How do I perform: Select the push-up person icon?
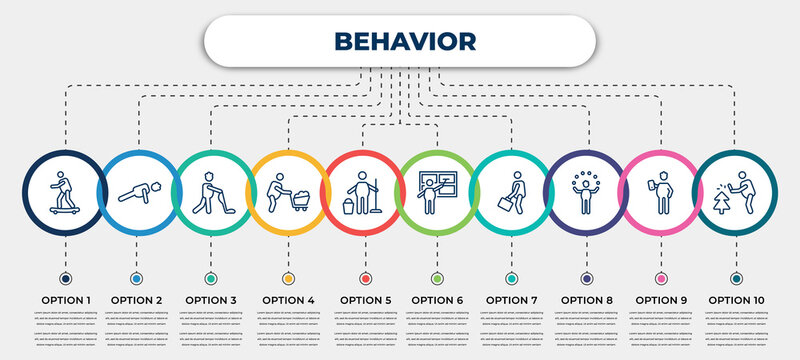click(137, 190)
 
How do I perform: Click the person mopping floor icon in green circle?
click(211, 190)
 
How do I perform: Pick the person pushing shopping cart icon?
click(288, 190)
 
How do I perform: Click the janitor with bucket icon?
click(363, 191)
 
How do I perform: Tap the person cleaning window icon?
click(436, 190)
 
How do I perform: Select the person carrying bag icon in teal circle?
click(511, 190)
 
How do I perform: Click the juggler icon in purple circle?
click(585, 190)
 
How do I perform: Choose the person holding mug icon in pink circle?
click(659, 190)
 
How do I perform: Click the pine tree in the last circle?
click(724, 200)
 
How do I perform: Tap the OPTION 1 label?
click(65, 299)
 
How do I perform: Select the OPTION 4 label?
click(288, 299)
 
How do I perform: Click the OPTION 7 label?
click(511, 299)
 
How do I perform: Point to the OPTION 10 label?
click(736, 299)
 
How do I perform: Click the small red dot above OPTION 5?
click(363, 278)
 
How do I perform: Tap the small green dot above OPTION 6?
click(436, 278)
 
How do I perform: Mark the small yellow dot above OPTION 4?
click(288, 278)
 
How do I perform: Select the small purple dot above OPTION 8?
click(585, 278)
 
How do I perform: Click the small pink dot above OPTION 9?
click(659, 278)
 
